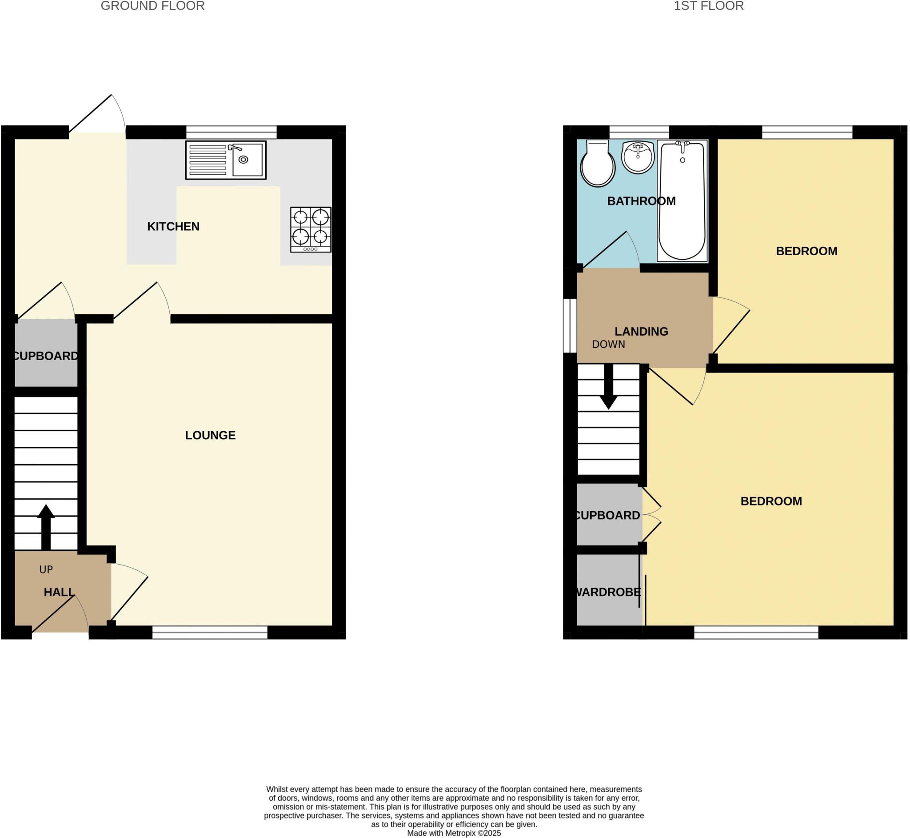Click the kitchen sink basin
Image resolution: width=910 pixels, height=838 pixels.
click(x=247, y=160)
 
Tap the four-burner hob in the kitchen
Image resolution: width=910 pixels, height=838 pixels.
click(x=311, y=229)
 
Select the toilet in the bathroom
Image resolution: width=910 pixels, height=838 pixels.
click(x=597, y=164)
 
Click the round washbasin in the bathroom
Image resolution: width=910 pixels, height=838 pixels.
click(x=638, y=157)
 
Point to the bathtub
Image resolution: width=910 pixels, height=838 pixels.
click(x=682, y=200)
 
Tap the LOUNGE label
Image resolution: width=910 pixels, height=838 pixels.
click(x=210, y=435)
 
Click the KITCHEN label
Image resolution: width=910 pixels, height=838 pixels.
click(x=173, y=226)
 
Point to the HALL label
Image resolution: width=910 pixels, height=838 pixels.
click(x=59, y=592)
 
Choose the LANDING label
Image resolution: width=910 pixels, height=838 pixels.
click(x=641, y=332)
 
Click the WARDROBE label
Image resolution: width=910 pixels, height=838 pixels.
click(x=607, y=592)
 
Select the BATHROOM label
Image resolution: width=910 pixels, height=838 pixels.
click(x=641, y=201)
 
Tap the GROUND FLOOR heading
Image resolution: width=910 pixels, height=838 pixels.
click(x=152, y=6)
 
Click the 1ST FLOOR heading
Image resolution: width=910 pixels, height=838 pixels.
click(x=708, y=6)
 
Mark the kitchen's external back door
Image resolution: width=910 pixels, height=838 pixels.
click(x=97, y=113)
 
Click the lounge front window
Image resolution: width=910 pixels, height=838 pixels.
click(x=210, y=633)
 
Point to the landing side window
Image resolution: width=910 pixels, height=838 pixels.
click(x=570, y=325)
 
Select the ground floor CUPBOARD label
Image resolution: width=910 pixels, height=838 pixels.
click(x=46, y=356)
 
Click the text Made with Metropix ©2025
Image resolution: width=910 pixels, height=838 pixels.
click(x=454, y=833)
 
